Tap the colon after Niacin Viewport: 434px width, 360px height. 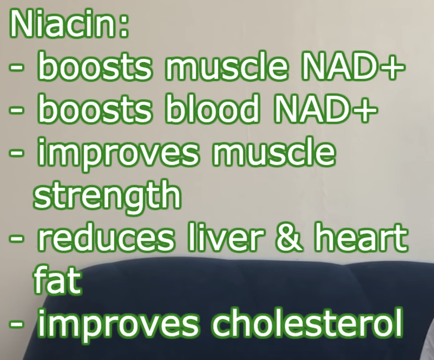tap(124, 28)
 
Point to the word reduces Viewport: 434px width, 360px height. tap(106, 237)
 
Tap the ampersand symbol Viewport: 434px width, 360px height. tap(288, 238)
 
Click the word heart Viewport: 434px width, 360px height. tap(360, 237)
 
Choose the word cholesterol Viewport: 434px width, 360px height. tap(307, 323)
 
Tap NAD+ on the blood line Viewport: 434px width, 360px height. tap(325, 108)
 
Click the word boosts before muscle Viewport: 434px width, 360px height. tap(94, 66)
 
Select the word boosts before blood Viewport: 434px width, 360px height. tap(94, 108)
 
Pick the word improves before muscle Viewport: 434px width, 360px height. tap(118, 154)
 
